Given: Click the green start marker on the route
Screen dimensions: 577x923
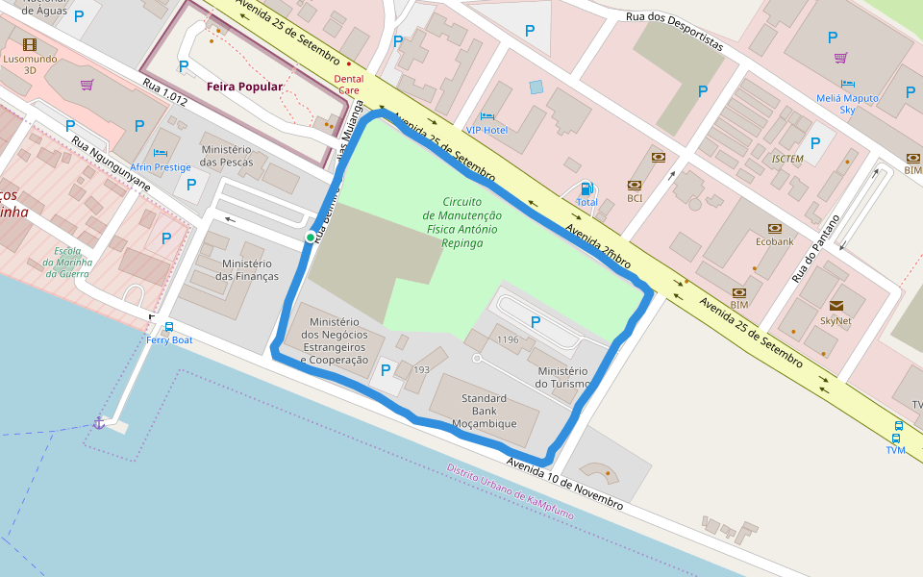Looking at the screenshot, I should pos(310,238).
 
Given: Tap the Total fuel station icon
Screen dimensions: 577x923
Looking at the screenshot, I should pos(586,188).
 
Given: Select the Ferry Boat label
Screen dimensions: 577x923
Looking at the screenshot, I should pos(169,340).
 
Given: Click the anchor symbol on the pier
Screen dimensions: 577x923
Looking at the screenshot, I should pos(98,422).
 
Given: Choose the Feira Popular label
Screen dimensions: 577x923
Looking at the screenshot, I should pos(244,87).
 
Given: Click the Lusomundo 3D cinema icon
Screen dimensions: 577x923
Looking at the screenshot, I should pos(30,44).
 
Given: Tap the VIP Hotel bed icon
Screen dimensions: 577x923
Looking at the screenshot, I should pos(486,116).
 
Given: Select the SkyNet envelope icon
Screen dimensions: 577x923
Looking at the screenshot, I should pos(835,306).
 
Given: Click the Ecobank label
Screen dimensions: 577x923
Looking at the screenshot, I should pos(774,241).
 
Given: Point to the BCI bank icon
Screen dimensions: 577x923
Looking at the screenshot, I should pos(635,185).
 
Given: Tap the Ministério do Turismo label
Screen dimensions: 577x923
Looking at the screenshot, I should pos(563,377).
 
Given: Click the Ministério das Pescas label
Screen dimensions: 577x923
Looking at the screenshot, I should pos(226,156).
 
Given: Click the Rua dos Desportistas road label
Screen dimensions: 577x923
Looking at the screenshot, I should pos(673,32).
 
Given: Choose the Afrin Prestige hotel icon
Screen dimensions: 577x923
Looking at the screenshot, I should pos(161,153).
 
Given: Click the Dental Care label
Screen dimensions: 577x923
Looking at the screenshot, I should pos(348,85).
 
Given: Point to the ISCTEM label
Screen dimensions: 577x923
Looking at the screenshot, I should pos(787,159).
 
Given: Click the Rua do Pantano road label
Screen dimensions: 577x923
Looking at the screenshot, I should pos(815,248).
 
